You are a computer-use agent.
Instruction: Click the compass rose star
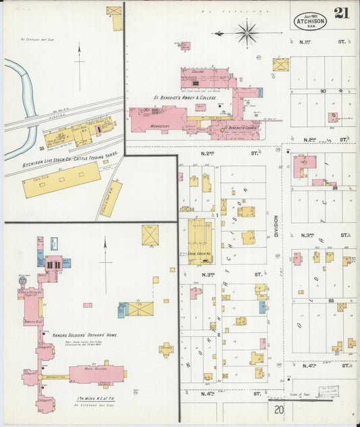click(x=247, y=32)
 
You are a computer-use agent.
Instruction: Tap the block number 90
click(x=322, y=91)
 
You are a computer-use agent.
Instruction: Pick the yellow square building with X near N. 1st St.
click(x=280, y=65)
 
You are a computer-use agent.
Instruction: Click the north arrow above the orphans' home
click(x=105, y=260)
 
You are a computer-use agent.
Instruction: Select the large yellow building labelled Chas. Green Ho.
click(x=200, y=241)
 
